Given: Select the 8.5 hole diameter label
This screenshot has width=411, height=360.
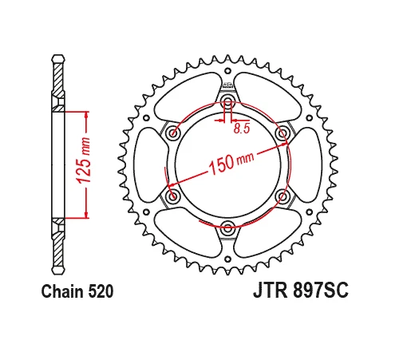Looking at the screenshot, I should tap(240, 125).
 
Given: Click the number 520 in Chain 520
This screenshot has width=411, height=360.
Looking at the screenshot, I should tap(99, 292).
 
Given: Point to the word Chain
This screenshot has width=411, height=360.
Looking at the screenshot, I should tap(61, 292).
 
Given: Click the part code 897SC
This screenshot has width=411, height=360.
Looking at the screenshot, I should tap(320, 292).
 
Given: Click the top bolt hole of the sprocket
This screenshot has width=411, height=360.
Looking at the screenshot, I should tap(227, 101).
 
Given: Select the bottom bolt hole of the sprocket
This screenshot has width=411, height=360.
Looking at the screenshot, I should tap(227, 226).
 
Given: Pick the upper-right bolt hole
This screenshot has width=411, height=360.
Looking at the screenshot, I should tap(281, 133).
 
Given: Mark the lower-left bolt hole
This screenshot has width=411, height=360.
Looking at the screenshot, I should tap(173, 196).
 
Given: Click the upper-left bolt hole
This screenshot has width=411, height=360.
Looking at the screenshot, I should tap(173, 133).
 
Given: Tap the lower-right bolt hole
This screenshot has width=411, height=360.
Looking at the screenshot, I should tap(281, 196).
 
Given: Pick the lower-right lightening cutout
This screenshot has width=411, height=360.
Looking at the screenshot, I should tap(269, 232).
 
